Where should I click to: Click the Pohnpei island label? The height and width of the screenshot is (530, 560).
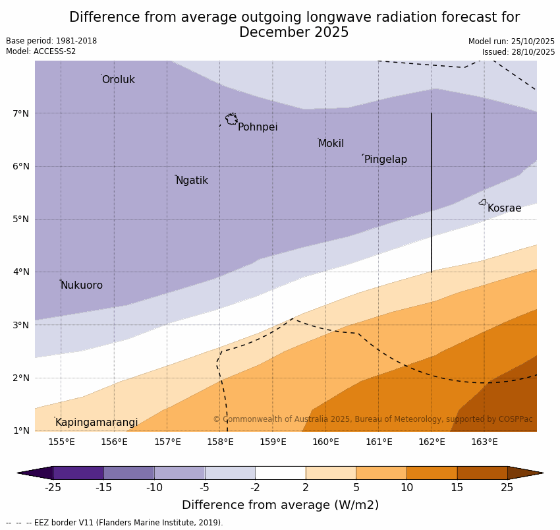coord(258,127)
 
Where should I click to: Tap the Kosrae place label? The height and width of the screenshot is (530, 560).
coord(504,208)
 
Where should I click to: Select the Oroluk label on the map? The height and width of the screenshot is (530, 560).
coord(118,80)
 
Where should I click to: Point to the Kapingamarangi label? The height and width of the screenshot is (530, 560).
coord(96,423)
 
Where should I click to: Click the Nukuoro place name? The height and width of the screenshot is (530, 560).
coord(82,285)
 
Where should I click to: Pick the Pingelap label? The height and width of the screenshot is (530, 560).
coord(385,160)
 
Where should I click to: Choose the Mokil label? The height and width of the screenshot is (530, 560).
coord(331,144)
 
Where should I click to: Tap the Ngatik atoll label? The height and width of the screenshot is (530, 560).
coord(192,181)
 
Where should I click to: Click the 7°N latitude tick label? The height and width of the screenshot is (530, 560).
coord(21,113)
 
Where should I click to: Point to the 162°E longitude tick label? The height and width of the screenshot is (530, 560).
coord(432,442)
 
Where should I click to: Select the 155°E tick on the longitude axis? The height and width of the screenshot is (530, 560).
coord(61,442)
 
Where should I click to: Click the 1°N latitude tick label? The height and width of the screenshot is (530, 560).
coord(21,430)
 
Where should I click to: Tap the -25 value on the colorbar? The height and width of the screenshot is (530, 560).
coord(53,488)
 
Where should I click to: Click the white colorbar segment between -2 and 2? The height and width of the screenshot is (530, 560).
coord(280,473)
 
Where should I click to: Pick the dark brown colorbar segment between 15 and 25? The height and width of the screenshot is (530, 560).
coord(482,473)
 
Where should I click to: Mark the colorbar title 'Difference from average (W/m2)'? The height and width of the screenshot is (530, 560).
coord(280,506)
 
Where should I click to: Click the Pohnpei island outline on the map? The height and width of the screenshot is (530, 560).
coord(231,119)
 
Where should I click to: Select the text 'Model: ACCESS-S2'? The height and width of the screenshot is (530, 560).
coord(41,51)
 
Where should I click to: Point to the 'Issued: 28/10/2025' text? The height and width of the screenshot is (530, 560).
coord(518,52)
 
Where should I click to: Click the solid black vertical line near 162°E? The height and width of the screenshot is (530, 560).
coord(432,191)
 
